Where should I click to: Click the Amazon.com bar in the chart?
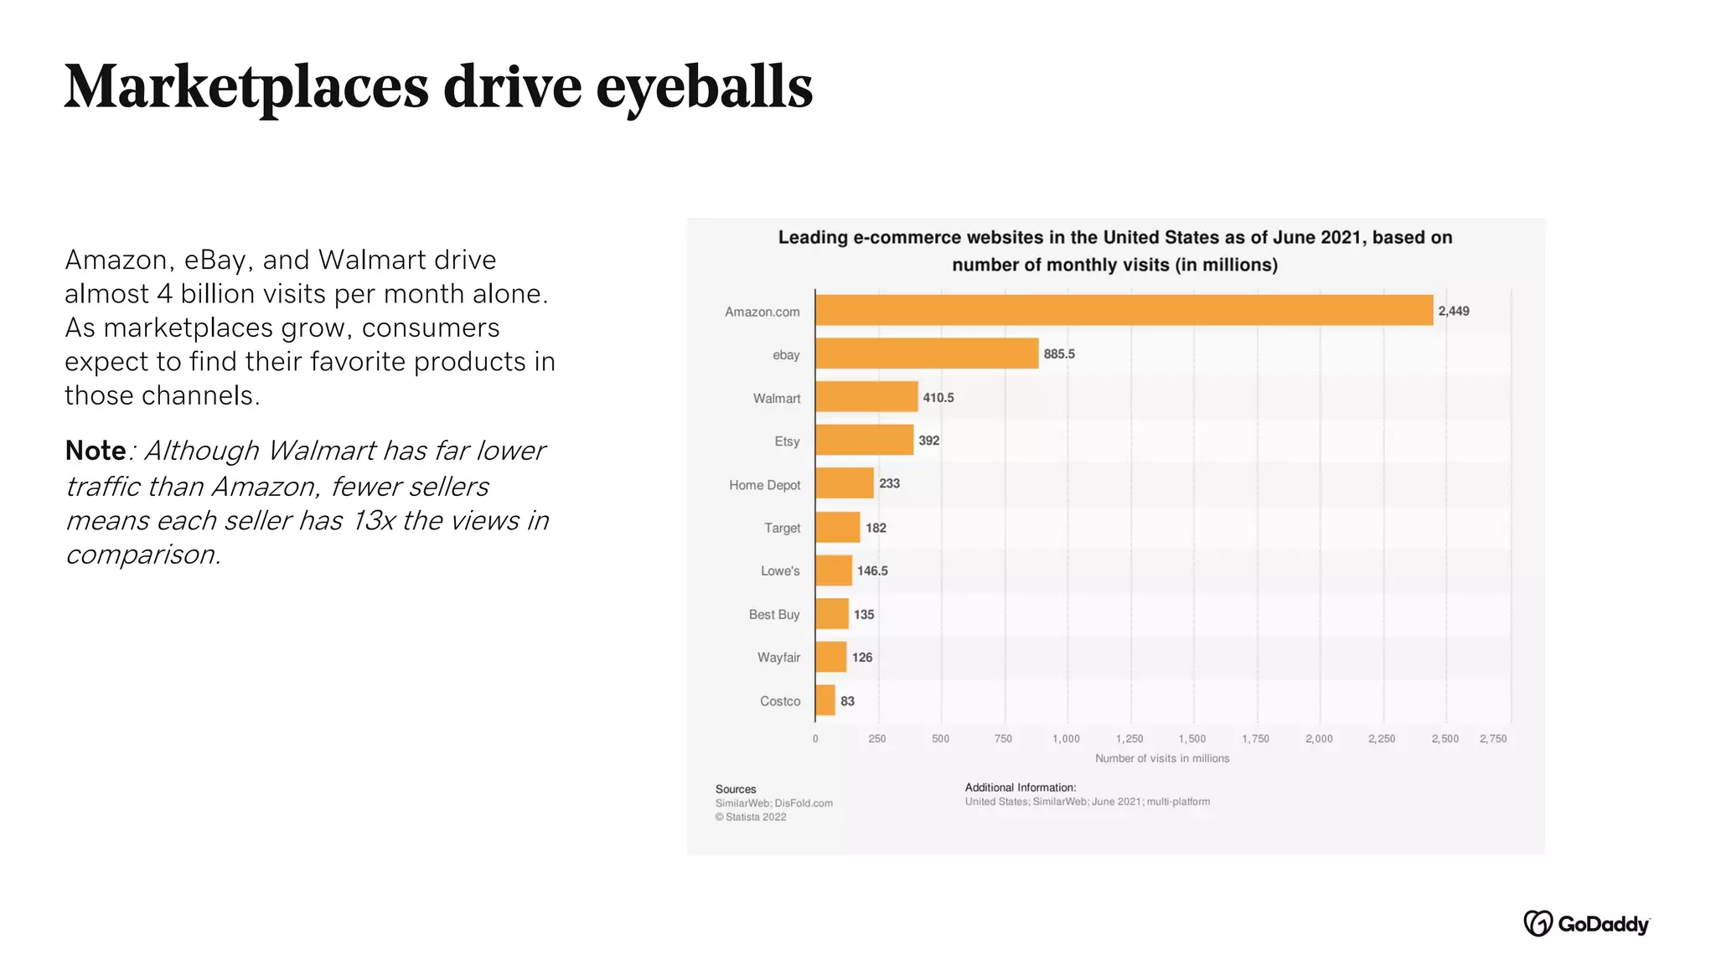coord(1123,310)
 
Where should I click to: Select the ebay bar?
coord(926,353)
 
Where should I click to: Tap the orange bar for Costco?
coord(825,700)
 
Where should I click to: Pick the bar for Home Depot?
coord(844,483)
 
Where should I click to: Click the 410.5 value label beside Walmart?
coord(938,398)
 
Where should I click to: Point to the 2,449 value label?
coord(1454,311)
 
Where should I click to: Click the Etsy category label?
coord(787,441)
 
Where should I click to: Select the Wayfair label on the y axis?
coord(778,658)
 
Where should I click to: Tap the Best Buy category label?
coord(774,615)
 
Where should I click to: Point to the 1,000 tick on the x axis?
coord(1066,739)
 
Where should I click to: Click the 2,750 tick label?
coord(1493,739)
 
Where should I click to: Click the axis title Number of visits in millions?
coord(1162,758)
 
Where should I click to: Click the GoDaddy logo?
coord(1586,923)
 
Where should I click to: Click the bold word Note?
coord(96,451)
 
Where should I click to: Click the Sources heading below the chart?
coord(736,789)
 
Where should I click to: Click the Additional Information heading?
coord(1020,787)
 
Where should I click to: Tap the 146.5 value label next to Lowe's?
coord(872,571)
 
